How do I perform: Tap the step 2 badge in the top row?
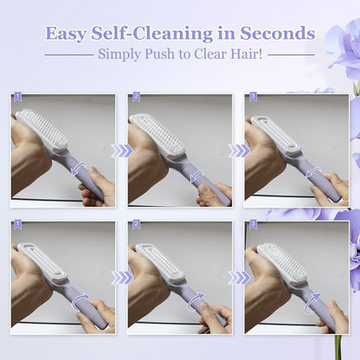click(x=136, y=98)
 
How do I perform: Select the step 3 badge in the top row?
click(x=252, y=98)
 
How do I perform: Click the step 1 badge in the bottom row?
click(x=16, y=225)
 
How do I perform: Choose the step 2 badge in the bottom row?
click(x=136, y=225)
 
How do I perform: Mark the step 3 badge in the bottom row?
click(x=252, y=225)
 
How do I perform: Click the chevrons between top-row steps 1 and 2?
click(x=122, y=151)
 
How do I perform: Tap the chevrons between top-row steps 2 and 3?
click(x=238, y=151)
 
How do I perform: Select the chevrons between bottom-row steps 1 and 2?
click(x=122, y=278)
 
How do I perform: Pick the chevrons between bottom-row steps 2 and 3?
click(x=238, y=278)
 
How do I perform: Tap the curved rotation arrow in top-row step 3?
click(x=312, y=174)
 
